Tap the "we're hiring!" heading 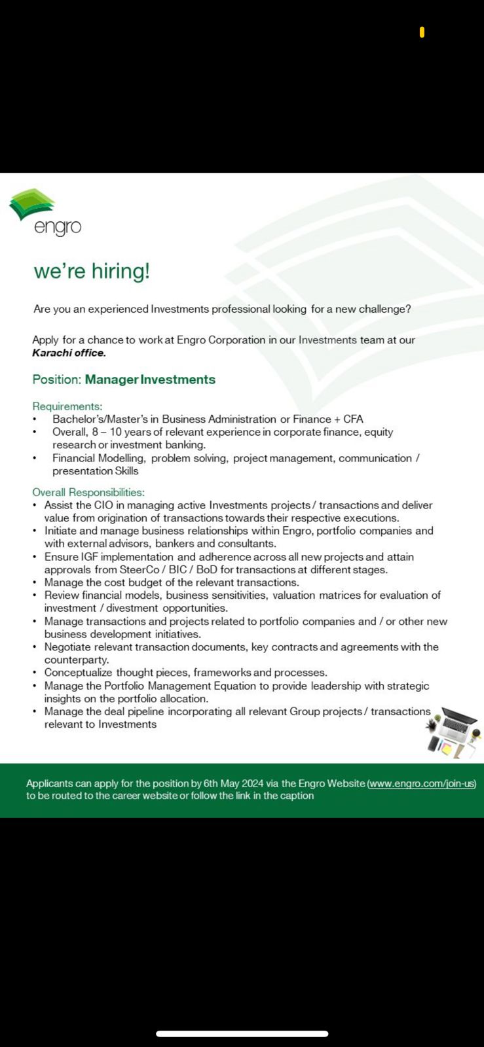92,271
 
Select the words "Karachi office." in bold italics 69,353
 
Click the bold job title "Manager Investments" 150,380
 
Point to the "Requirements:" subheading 67,406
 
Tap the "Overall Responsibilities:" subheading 88,492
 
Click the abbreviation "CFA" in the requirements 353,419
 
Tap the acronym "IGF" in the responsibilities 89,557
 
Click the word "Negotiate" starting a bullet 67,647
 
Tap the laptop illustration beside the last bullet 456,731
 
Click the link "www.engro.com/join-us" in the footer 422,783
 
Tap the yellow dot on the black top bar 422,32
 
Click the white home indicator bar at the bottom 242,1034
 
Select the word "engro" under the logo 58,227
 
